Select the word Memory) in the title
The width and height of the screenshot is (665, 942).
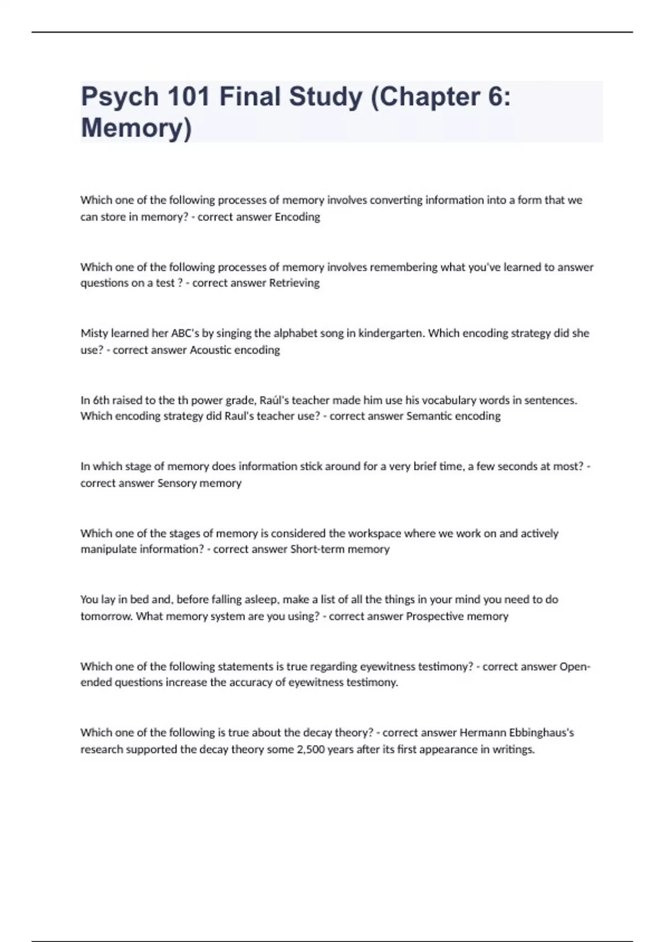click(136, 127)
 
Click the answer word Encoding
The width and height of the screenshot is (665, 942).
click(297, 217)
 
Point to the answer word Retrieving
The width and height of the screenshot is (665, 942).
click(294, 283)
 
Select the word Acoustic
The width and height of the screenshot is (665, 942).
click(210, 350)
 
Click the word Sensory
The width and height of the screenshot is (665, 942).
click(177, 483)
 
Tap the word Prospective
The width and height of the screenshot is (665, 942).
click(434, 616)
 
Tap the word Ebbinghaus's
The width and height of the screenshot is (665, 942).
click(541, 733)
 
